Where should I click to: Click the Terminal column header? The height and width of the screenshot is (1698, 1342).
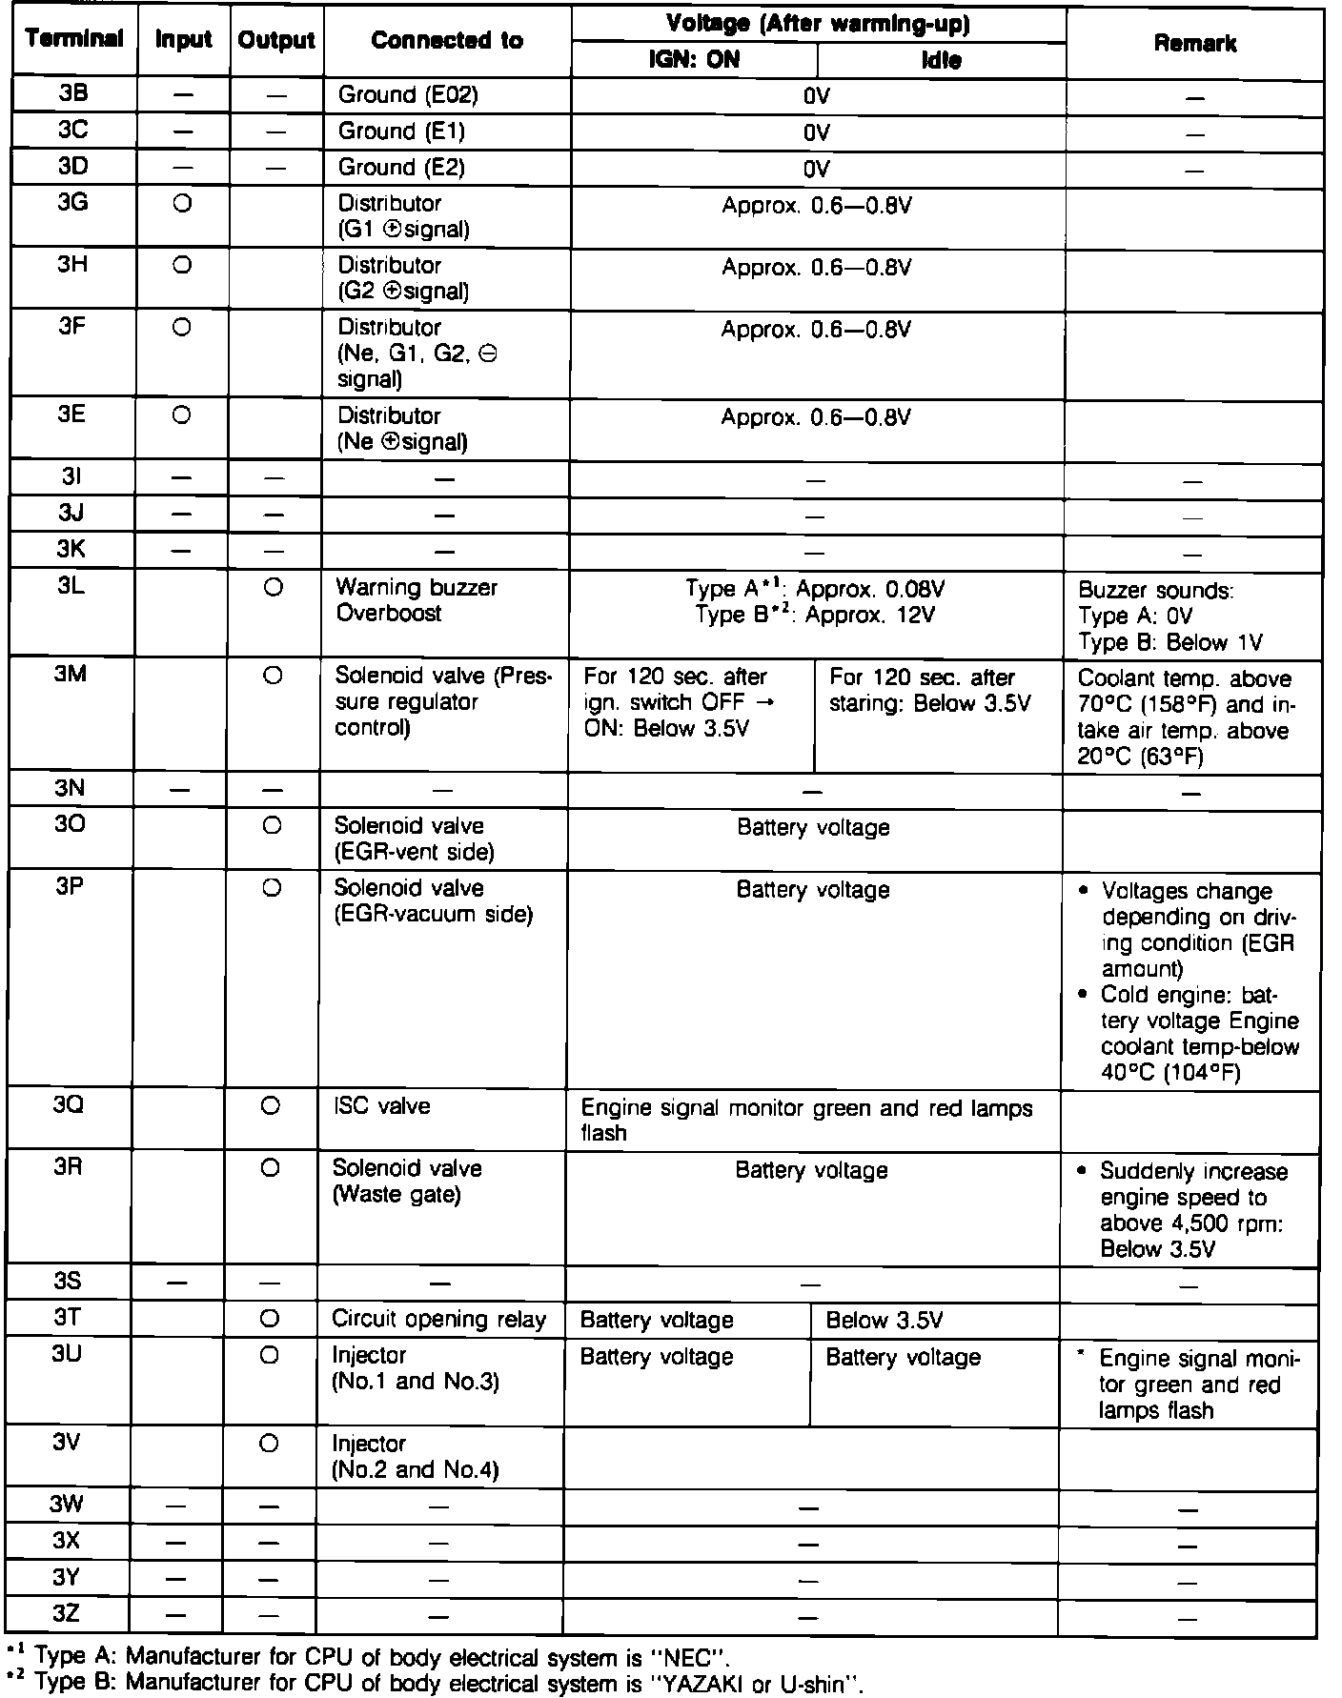(x=74, y=40)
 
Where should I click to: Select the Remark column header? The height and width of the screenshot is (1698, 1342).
(x=1194, y=44)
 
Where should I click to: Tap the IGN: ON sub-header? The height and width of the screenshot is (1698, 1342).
(x=694, y=60)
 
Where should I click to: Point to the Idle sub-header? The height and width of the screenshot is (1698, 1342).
(x=941, y=61)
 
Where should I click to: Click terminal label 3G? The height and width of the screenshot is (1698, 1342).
(x=72, y=203)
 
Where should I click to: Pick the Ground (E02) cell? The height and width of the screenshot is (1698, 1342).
(x=408, y=95)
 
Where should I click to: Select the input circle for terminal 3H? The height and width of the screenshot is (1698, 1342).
(x=183, y=266)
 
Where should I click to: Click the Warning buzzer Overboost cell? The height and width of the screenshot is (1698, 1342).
(x=417, y=600)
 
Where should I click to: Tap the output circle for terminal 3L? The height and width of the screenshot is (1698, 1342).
(x=274, y=588)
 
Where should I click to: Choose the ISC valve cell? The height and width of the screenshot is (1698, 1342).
(x=380, y=1106)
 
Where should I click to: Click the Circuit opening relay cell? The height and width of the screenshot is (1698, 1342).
(x=438, y=1320)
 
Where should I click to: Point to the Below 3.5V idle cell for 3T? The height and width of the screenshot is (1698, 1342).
(x=884, y=1321)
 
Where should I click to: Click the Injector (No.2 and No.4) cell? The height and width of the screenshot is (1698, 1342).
(x=415, y=1457)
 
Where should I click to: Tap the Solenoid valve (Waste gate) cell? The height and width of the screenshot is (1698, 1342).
(x=407, y=1182)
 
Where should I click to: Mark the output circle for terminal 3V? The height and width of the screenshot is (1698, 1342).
(x=269, y=1445)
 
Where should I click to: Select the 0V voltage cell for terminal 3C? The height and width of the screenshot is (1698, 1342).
(x=817, y=132)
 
